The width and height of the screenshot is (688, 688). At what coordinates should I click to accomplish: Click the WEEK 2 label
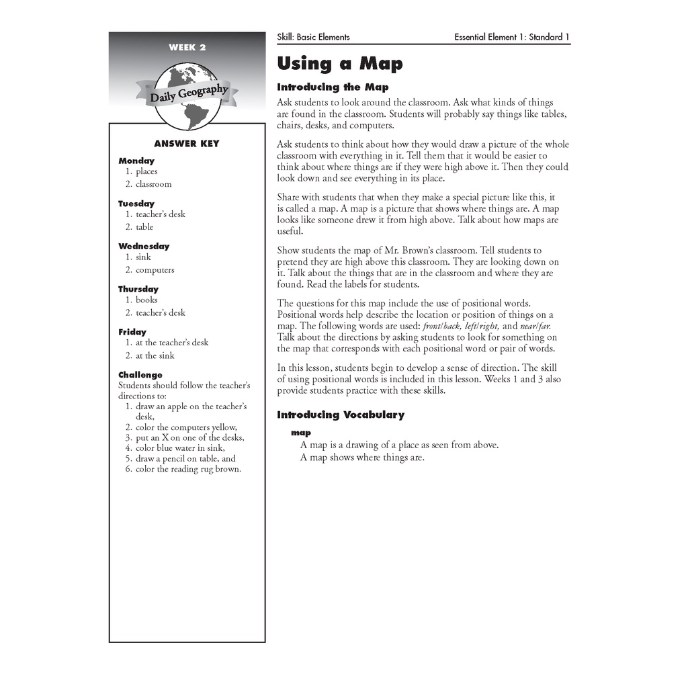(187, 47)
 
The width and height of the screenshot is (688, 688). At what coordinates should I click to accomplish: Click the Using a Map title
(340, 64)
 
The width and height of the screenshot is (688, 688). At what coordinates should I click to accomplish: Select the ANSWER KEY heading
(187, 144)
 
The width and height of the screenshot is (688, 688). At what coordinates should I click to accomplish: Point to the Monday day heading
(136, 161)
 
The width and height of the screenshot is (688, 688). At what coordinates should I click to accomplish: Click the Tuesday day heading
(136, 204)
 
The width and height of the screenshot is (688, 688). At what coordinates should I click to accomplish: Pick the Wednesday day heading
(144, 246)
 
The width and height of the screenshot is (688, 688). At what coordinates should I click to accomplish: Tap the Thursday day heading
(138, 289)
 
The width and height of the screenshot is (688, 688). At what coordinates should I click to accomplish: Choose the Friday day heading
(132, 332)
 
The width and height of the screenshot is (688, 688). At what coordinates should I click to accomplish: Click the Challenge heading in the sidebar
(140, 375)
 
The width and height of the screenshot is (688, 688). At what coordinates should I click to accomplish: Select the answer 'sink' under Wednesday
(143, 257)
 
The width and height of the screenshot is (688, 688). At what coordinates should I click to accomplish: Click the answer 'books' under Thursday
(146, 300)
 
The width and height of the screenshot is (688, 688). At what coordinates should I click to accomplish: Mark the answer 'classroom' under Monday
(153, 184)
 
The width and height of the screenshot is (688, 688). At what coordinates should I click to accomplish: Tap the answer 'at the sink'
(156, 355)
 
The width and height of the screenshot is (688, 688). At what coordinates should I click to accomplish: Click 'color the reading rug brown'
(188, 469)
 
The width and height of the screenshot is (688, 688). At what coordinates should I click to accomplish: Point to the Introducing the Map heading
(333, 87)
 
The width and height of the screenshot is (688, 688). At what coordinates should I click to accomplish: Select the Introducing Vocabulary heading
(341, 415)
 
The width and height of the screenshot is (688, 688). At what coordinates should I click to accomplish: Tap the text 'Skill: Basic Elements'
(313, 38)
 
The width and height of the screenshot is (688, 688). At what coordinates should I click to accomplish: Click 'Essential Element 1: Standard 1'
(512, 38)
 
